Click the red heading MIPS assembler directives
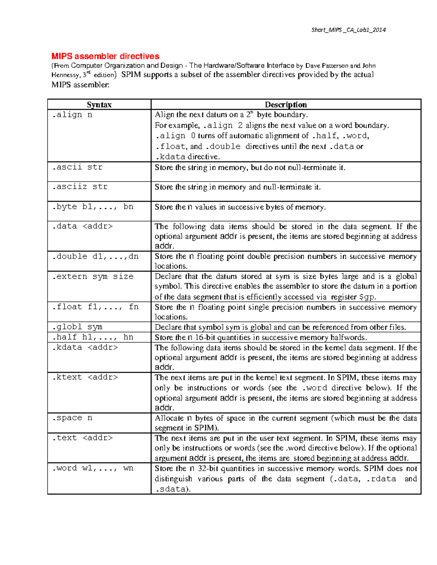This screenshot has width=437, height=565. click(x=105, y=56)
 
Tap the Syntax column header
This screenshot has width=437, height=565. click(x=99, y=105)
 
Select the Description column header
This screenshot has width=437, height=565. click(x=286, y=105)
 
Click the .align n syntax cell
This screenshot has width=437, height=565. click(x=72, y=115)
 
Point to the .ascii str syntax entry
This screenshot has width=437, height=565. click(x=77, y=167)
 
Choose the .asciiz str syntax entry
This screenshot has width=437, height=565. click(x=80, y=187)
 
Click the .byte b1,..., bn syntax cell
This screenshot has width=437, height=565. click(x=92, y=207)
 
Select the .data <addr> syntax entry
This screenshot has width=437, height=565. click(x=82, y=226)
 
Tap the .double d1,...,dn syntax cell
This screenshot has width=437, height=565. click(x=95, y=256)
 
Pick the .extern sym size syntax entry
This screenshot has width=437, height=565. click(x=92, y=276)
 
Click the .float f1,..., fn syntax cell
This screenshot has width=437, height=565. click(x=95, y=307)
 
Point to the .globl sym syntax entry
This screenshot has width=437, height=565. click(x=77, y=327)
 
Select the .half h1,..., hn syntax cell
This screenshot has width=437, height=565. click(x=92, y=337)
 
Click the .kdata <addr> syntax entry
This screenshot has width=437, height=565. click(x=85, y=347)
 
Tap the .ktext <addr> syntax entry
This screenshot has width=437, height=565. click(x=85, y=377)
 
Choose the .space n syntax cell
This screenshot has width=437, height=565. click(x=72, y=418)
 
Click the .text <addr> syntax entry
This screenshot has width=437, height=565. click(x=82, y=438)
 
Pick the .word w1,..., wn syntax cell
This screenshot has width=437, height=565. click(x=92, y=468)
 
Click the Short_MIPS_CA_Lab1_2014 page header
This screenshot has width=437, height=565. click(x=348, y=30)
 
